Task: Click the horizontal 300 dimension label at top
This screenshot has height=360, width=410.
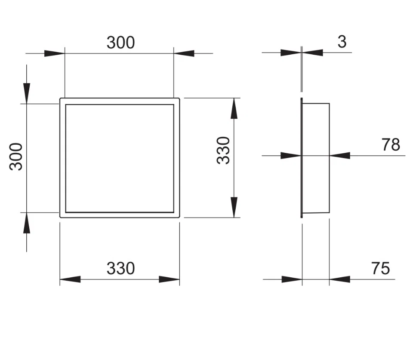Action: [x=120, y=43]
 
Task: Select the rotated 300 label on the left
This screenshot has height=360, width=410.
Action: [x=16, y=157]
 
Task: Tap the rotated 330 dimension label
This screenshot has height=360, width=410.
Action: [x=223, y=150]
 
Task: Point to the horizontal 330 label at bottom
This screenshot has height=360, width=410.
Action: [x=120, y=268]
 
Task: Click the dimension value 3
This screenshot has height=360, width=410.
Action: [x=342, y=42]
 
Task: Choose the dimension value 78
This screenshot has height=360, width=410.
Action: [x=391, y=145]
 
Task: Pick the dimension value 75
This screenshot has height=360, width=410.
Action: [x=380, y=268]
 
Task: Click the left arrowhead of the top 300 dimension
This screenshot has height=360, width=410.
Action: [x=54, y=54]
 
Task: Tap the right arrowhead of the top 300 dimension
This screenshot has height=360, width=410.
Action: [x=184, y=53]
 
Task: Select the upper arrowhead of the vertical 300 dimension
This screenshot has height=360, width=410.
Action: [x=27, y=93]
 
